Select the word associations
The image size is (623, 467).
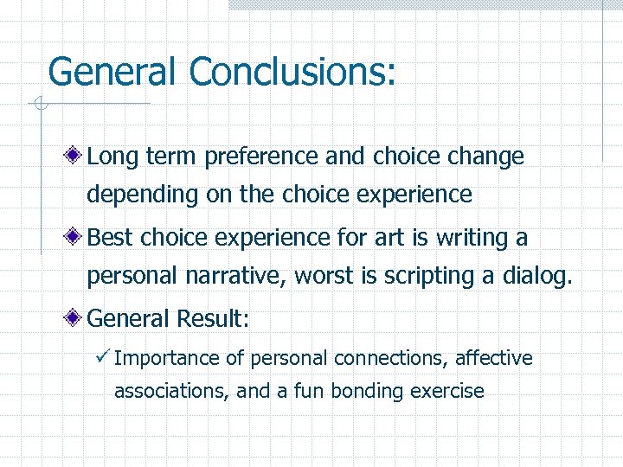click(x=171, y=391)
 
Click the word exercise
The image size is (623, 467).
click(x=447, y=391)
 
